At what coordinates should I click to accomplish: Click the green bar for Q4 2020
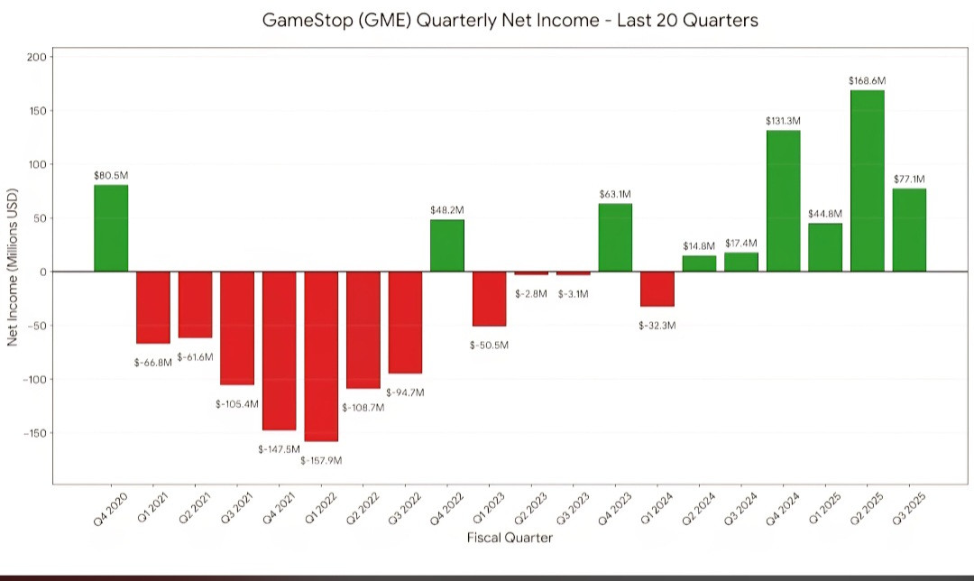coord(111,227)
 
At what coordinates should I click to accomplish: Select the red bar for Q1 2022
coord(321,356)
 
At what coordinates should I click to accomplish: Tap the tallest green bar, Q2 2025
coord(867,180)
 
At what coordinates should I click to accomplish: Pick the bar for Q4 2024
coord(783,200)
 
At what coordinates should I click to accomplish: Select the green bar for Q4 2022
coord(447,245)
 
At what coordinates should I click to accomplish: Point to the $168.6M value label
coord(867,80)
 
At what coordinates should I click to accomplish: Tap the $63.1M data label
coord(615,194)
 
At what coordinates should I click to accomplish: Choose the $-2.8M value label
coord(532,293)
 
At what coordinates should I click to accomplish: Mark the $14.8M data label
coord(699,245)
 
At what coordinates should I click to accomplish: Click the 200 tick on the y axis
coord(37,57)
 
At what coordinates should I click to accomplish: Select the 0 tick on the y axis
coord(42,272)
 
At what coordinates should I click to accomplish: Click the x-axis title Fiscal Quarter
coord(510,538)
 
